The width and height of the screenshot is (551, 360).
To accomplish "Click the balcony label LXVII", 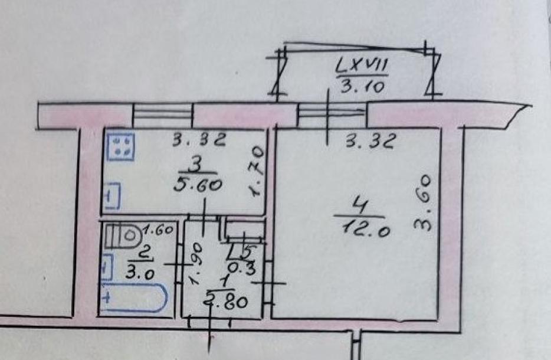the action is pos(362,66).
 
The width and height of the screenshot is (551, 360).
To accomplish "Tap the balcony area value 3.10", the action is pos(362,86).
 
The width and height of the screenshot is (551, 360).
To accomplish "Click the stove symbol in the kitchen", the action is pos(120,146).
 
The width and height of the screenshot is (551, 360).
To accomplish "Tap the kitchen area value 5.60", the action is pos(198,185).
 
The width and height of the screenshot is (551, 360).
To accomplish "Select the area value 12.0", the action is pos(365,230).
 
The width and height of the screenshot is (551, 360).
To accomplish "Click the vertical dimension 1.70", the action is pos(257,171).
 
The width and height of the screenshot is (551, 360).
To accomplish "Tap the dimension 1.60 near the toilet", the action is pos(158,230).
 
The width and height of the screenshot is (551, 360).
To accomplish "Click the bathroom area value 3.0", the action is pos(140,273).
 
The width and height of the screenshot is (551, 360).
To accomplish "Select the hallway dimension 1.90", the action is pos(195,264).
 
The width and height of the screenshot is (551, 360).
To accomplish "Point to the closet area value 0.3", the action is pos(242,269).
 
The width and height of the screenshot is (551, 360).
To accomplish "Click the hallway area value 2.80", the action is pos(227,301).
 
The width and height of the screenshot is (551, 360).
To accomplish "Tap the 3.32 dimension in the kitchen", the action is pos(199,140).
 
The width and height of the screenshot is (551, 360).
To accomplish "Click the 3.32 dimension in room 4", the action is pos(371,141).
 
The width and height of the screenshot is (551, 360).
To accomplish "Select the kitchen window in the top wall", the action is pos(163,115).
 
